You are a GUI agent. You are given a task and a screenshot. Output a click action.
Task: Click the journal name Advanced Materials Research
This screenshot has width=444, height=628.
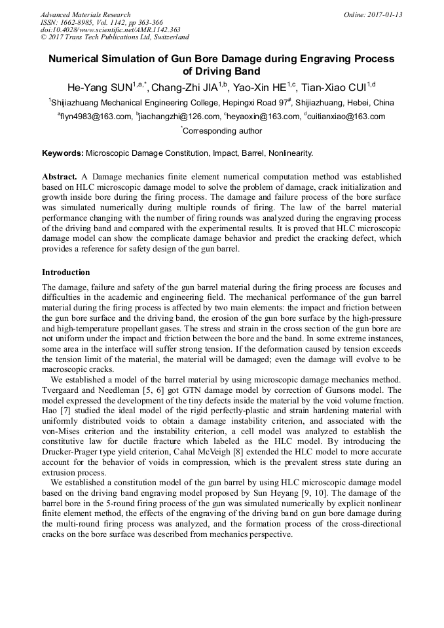click(x=85, y=14)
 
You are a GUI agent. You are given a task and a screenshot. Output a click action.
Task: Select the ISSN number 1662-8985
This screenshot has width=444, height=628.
click(x=77, y=22)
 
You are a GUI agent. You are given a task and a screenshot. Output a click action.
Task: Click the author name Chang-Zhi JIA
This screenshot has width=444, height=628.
click(x=185, y=87)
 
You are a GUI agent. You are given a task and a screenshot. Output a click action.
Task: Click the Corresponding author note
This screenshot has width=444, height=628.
click(x=222, y=131)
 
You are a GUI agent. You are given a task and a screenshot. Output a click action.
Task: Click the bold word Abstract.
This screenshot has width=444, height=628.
click(x=60, y=177)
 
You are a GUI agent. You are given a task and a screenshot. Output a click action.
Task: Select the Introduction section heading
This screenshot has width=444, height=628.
click(x=66, y=272)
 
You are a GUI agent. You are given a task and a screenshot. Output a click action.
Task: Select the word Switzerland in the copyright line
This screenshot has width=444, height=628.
click(x=167, y=37)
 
